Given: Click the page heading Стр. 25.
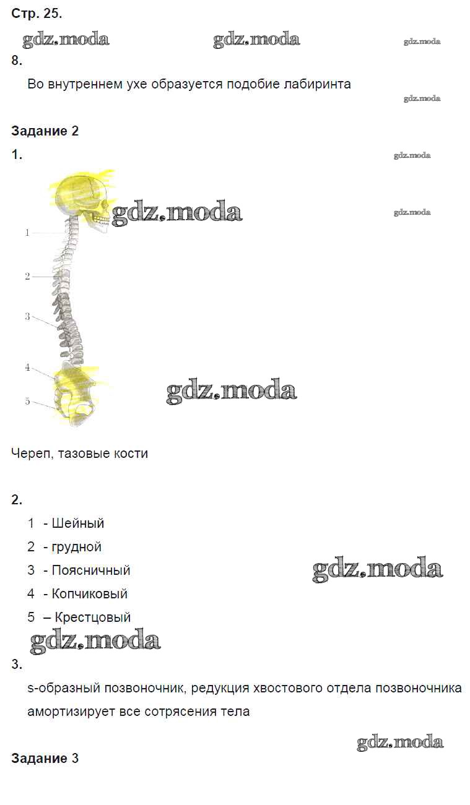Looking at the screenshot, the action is coord(37,14).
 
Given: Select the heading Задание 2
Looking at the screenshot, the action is coord(45,131).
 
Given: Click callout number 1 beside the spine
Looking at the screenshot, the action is coord(27,233).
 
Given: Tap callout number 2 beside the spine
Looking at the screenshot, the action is coord(27,277).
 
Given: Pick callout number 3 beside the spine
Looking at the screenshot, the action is coord(27,317).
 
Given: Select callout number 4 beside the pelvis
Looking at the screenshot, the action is coord(27,368).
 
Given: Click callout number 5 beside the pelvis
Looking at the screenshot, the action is coord(27,401).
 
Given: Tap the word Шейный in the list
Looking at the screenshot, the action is coord(78,523).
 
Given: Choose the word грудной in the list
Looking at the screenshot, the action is coord(77,548).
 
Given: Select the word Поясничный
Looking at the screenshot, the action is coord(91,570).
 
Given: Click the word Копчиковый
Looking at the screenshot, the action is coord(90,593).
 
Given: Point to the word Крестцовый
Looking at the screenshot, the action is coord(92,618).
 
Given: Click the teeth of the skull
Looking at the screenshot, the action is coord(102,220).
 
